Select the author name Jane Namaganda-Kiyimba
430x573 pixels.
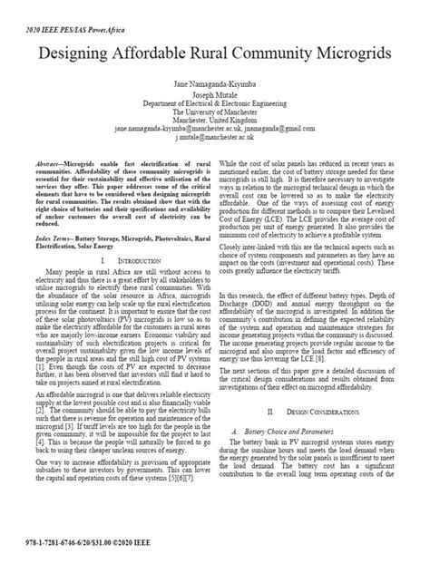[x=215, y=84]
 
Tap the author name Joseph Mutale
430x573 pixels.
[x=215, y=94]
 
